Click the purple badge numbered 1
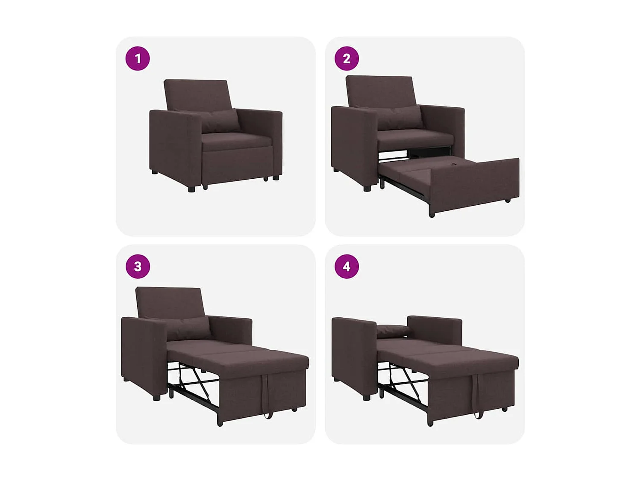click(x=138, y=59)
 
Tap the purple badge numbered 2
click(x=347, y=59)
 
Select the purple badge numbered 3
click(x=138, y=266)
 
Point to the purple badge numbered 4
click(x=347, y=266)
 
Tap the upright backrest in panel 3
click(x=169, y=301)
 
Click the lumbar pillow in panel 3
click(x=188, y=328)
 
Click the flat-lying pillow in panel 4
click(x=392, y=331)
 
